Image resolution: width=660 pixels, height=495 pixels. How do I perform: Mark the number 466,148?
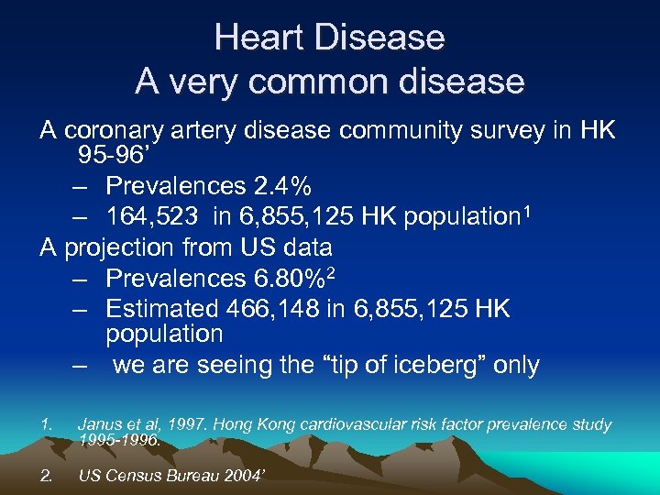[280, 308]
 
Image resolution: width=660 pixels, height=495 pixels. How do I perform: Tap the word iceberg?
[430, 365]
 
